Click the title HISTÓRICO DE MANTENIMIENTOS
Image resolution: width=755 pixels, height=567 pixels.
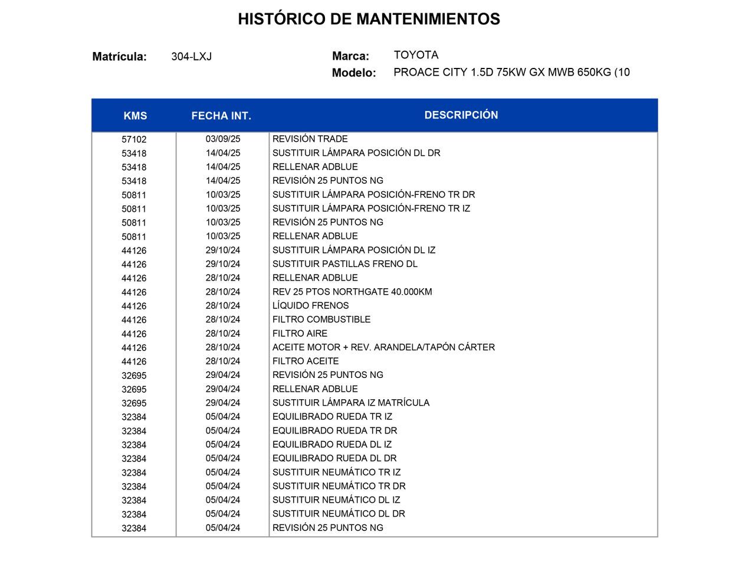(x=369, y=19)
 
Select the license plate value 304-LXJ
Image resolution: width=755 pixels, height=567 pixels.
(x=191, y=57)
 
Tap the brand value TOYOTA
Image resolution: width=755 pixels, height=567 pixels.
(x=416, y=55)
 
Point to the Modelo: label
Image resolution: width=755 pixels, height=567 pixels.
(x=354, y=73)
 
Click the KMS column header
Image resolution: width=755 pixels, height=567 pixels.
(x=135, y=116)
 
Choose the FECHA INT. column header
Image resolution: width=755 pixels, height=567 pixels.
(x=221, y=116)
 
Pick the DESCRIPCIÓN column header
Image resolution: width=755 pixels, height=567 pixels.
(x=461, y=115)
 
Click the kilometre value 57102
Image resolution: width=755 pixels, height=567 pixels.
(x=134, y=139)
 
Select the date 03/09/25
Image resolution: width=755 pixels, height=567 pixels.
(x=223, y=139)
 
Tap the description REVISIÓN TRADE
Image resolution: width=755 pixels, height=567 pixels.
(x=310, y=139)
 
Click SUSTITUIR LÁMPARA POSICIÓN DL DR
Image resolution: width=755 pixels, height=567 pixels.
(x=356, y=153)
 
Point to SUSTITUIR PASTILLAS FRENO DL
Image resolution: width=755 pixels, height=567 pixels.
(x=344, y=264)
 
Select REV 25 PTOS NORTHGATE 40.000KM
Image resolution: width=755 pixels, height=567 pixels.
(x=352, y=292)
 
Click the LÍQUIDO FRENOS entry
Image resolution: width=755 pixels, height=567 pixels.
(x=310, y=305)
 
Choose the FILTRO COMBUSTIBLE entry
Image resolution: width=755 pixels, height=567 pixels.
(x=321, y=320)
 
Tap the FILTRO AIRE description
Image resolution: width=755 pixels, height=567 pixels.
(x=300, y=333)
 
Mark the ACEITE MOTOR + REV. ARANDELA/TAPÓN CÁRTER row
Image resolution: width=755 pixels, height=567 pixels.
(x=383, y=347)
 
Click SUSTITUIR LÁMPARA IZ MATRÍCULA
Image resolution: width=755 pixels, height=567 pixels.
(x=351, y=403)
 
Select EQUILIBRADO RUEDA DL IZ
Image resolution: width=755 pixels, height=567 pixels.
(x=332, y=444)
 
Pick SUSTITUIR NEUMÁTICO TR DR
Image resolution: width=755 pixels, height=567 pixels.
(x=339, y=486)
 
